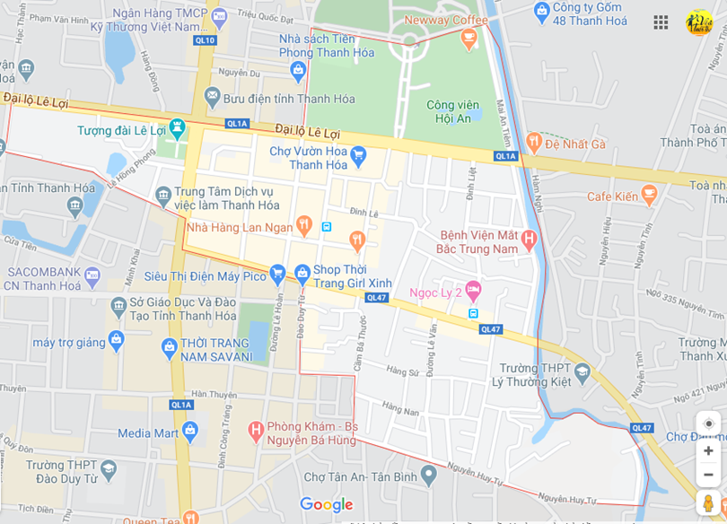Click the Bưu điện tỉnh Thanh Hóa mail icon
(x=212, y=96)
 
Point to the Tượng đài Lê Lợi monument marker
(x=177, y=129)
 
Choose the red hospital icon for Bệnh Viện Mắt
(x=529, y=240)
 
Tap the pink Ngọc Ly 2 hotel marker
(x=473, y=291)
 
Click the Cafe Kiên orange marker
(x=650, y=196)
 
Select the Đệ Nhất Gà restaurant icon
(x=534, y=143)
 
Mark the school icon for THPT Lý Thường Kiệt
(x=582, y=371)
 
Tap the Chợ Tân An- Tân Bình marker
(x=429, y=475)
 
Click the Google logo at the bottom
(x=326, y=505)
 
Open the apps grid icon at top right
(x=661, y=22)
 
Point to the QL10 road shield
(x=205, y=40)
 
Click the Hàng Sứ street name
(x=402, y=371)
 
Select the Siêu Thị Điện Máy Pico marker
(x=277, y=273)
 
